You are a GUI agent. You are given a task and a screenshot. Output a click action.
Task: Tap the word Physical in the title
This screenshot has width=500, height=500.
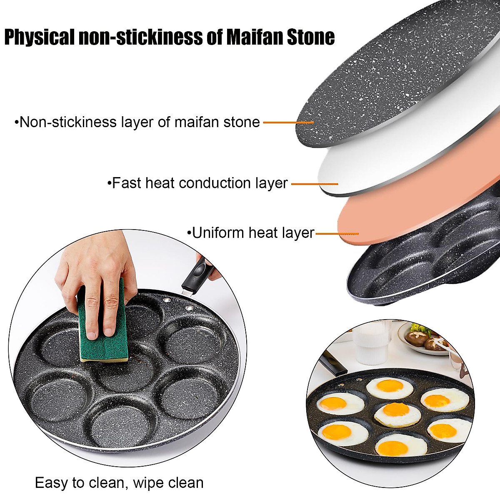(x=40, y=37)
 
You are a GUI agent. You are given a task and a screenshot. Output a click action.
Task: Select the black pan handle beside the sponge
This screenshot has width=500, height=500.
(x=196, y=275)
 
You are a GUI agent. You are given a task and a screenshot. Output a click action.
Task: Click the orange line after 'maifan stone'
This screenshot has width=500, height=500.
(x=288, y=122)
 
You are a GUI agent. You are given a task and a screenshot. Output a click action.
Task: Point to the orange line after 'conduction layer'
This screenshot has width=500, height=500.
(x=315, y=184)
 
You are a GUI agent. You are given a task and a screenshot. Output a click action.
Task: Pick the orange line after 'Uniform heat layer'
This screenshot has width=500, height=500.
(x=337, y=234)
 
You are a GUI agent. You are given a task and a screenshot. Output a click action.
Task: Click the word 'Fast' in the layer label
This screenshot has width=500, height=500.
(x=127, y=183)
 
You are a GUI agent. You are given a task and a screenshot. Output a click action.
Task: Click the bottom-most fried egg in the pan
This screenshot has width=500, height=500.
(x=401, y=447)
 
